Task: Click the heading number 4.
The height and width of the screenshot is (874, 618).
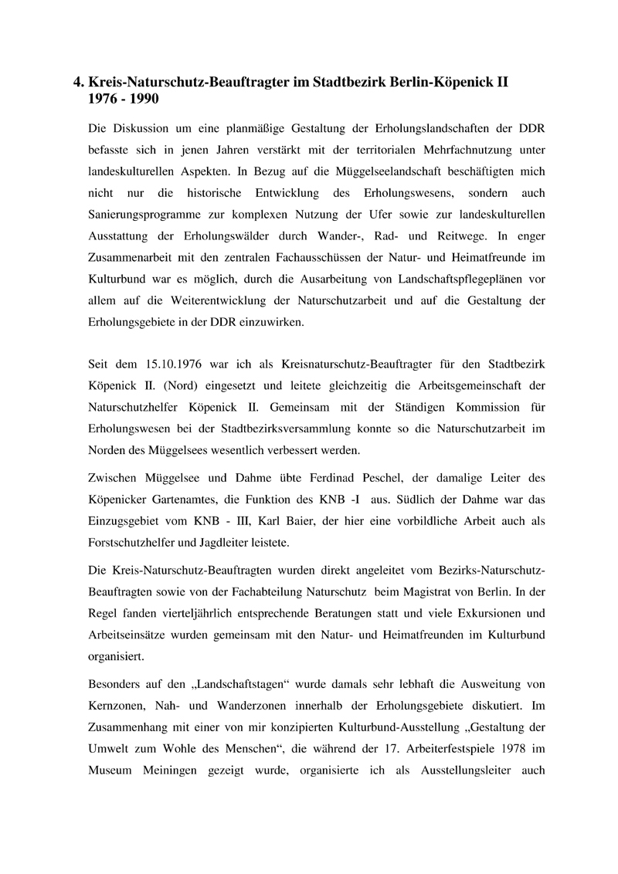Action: tap(78, 82)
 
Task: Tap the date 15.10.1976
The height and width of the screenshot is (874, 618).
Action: tap(181, 363)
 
